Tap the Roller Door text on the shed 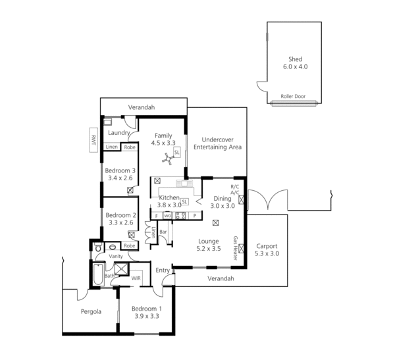tap(293, 96)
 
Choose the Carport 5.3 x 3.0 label tap(267, 249)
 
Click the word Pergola tap(91, 311)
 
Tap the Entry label tap(163, 270)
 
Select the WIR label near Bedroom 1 tap(136, 278)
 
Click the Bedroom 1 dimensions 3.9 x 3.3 tap(145, 317)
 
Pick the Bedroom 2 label tap(120, 219)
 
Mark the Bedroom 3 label tap(120, 174)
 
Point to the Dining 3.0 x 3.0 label tap(223, 201)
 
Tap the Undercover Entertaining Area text tap(221, 143)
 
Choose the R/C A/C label tap(235, 190)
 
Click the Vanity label tap(117, 256)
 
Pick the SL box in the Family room tap(177, 152)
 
